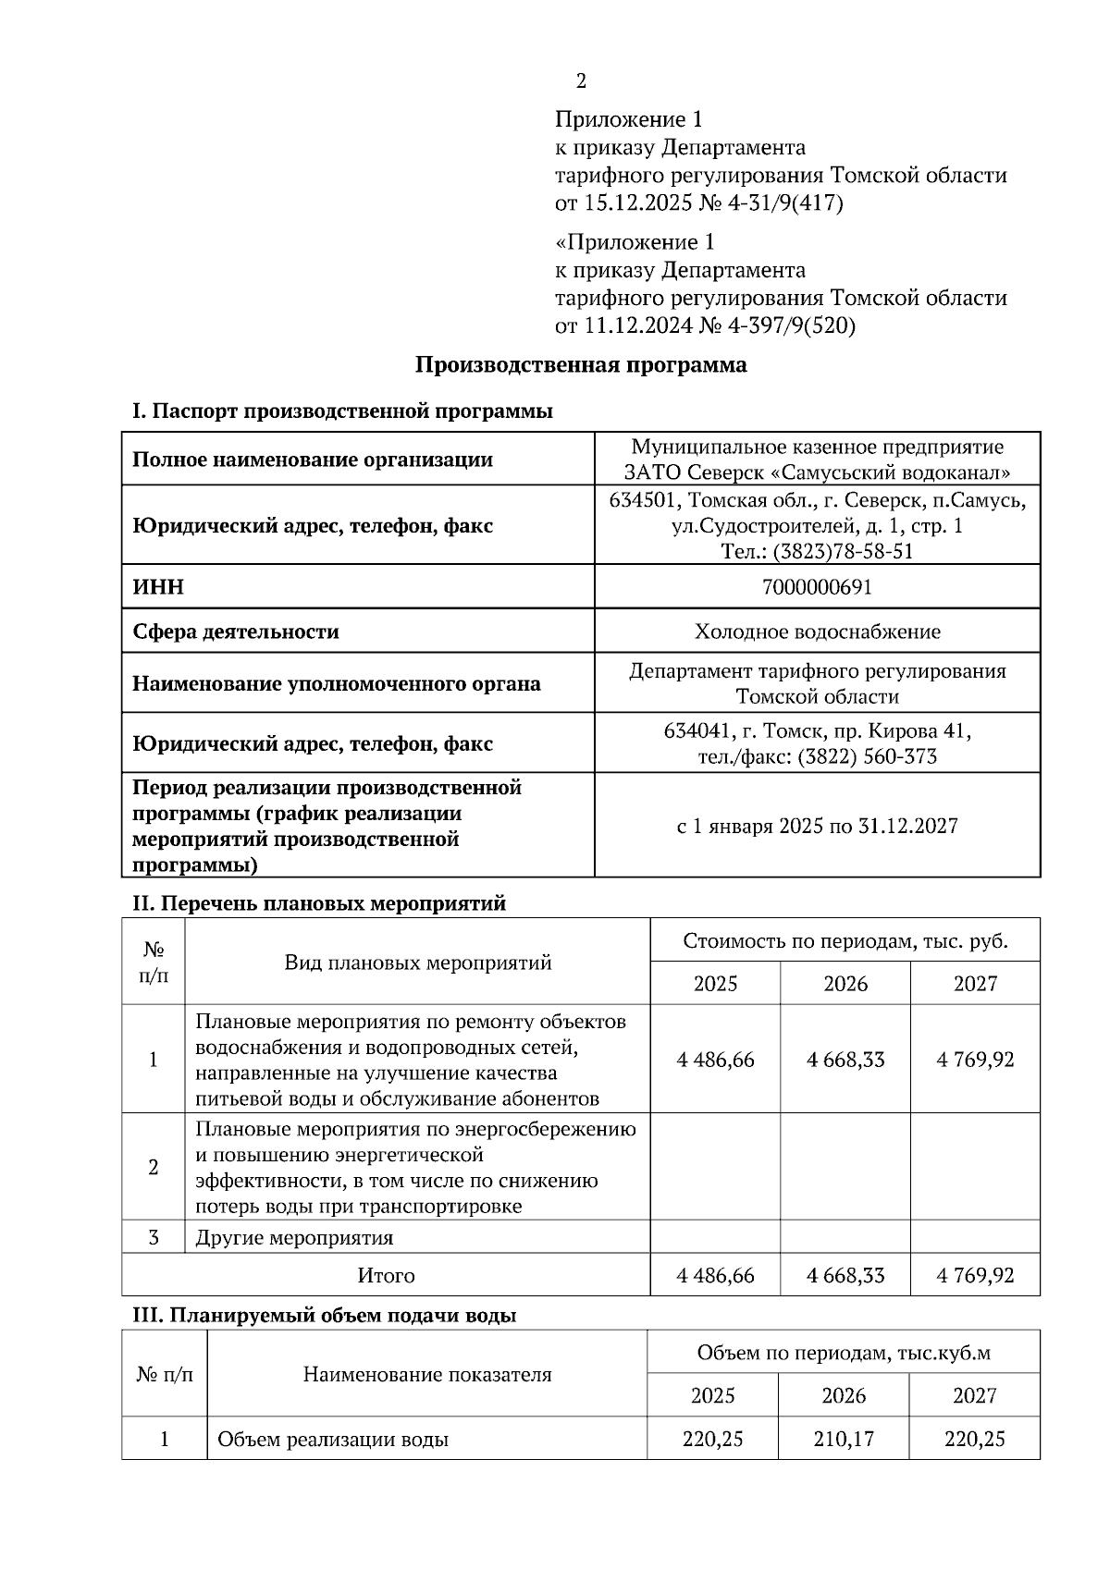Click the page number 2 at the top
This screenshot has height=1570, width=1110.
tap(581, 81)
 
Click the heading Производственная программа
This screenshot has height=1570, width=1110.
tap(580, 365)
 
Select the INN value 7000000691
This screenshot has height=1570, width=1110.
tap(817, 587)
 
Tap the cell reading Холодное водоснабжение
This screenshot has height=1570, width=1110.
tap(817, 632)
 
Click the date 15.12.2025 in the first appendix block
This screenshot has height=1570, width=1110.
tap(637, 203)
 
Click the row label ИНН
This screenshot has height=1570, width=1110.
tap(158, 587)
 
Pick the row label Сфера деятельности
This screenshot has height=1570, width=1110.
tap(236, 632)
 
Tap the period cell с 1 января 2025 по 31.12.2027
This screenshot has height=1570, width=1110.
tap(817, 826)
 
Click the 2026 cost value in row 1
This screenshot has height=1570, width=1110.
tap(845, 1060)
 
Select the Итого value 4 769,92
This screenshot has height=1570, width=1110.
tap(975, 1276)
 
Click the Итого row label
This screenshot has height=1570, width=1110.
tap(386, 1276)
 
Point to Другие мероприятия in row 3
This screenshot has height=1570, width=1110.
tap(294, 1238)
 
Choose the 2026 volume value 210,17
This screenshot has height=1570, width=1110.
tap(844, 1439)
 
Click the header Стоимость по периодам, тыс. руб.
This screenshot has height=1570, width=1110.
tap(845, 941)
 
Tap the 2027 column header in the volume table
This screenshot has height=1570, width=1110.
tap(974, 1396)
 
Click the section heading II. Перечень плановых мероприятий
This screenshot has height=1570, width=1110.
tap(319, 903)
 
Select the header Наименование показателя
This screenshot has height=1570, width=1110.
tap(426, 1375)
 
